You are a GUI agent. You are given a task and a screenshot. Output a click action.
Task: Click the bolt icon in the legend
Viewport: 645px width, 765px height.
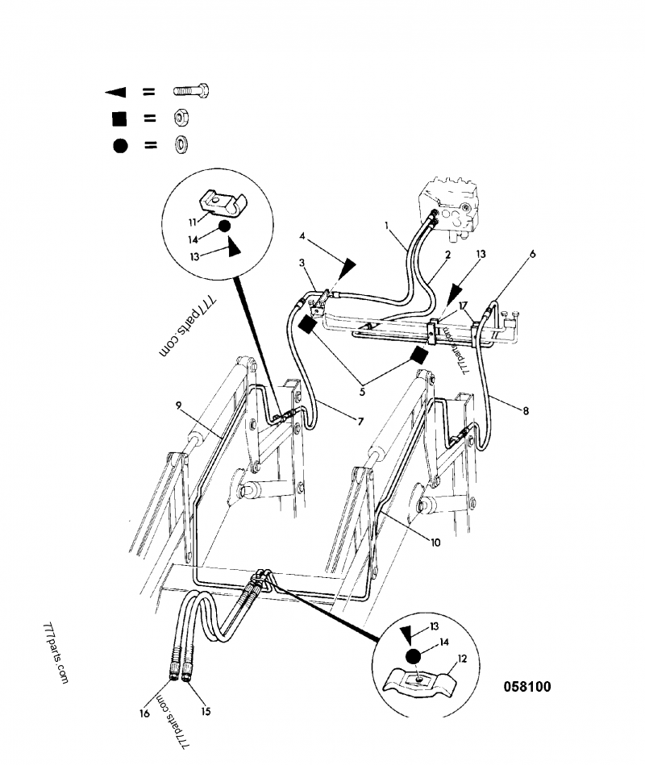[x=191, y=91]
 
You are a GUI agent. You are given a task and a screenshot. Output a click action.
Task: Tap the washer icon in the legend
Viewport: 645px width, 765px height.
[x=181, y=144]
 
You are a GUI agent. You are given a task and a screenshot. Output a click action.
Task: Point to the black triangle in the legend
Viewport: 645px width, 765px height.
[x=119, y=91]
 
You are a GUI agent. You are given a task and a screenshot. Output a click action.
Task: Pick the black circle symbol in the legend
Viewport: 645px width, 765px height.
[x=119, y=145]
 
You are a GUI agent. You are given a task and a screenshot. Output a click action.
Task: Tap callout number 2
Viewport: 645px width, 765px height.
[x=447, y=254]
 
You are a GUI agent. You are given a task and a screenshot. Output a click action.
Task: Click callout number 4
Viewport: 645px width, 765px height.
[x=302, y=237]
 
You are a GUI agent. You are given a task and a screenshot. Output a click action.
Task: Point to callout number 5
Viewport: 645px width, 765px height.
[x=362, y=393]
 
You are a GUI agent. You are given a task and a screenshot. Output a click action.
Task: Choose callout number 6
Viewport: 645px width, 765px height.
[x=532, y=253]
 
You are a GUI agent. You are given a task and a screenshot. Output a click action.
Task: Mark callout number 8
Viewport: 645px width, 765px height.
[x=525, y=410]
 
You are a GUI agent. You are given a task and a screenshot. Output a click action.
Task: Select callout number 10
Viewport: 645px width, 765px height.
[x=435, y=543]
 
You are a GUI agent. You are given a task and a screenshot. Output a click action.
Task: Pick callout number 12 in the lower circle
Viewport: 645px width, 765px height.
[x=463, y=658]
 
